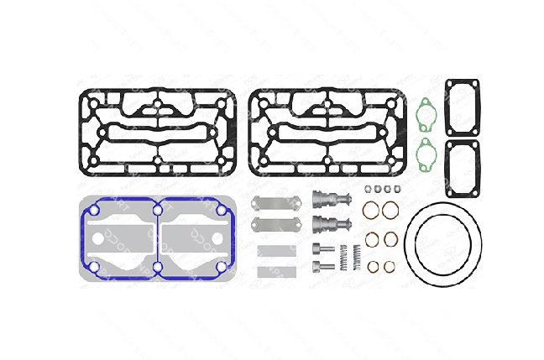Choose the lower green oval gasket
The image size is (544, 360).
[428, 154]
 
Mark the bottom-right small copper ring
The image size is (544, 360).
[390, 268]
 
